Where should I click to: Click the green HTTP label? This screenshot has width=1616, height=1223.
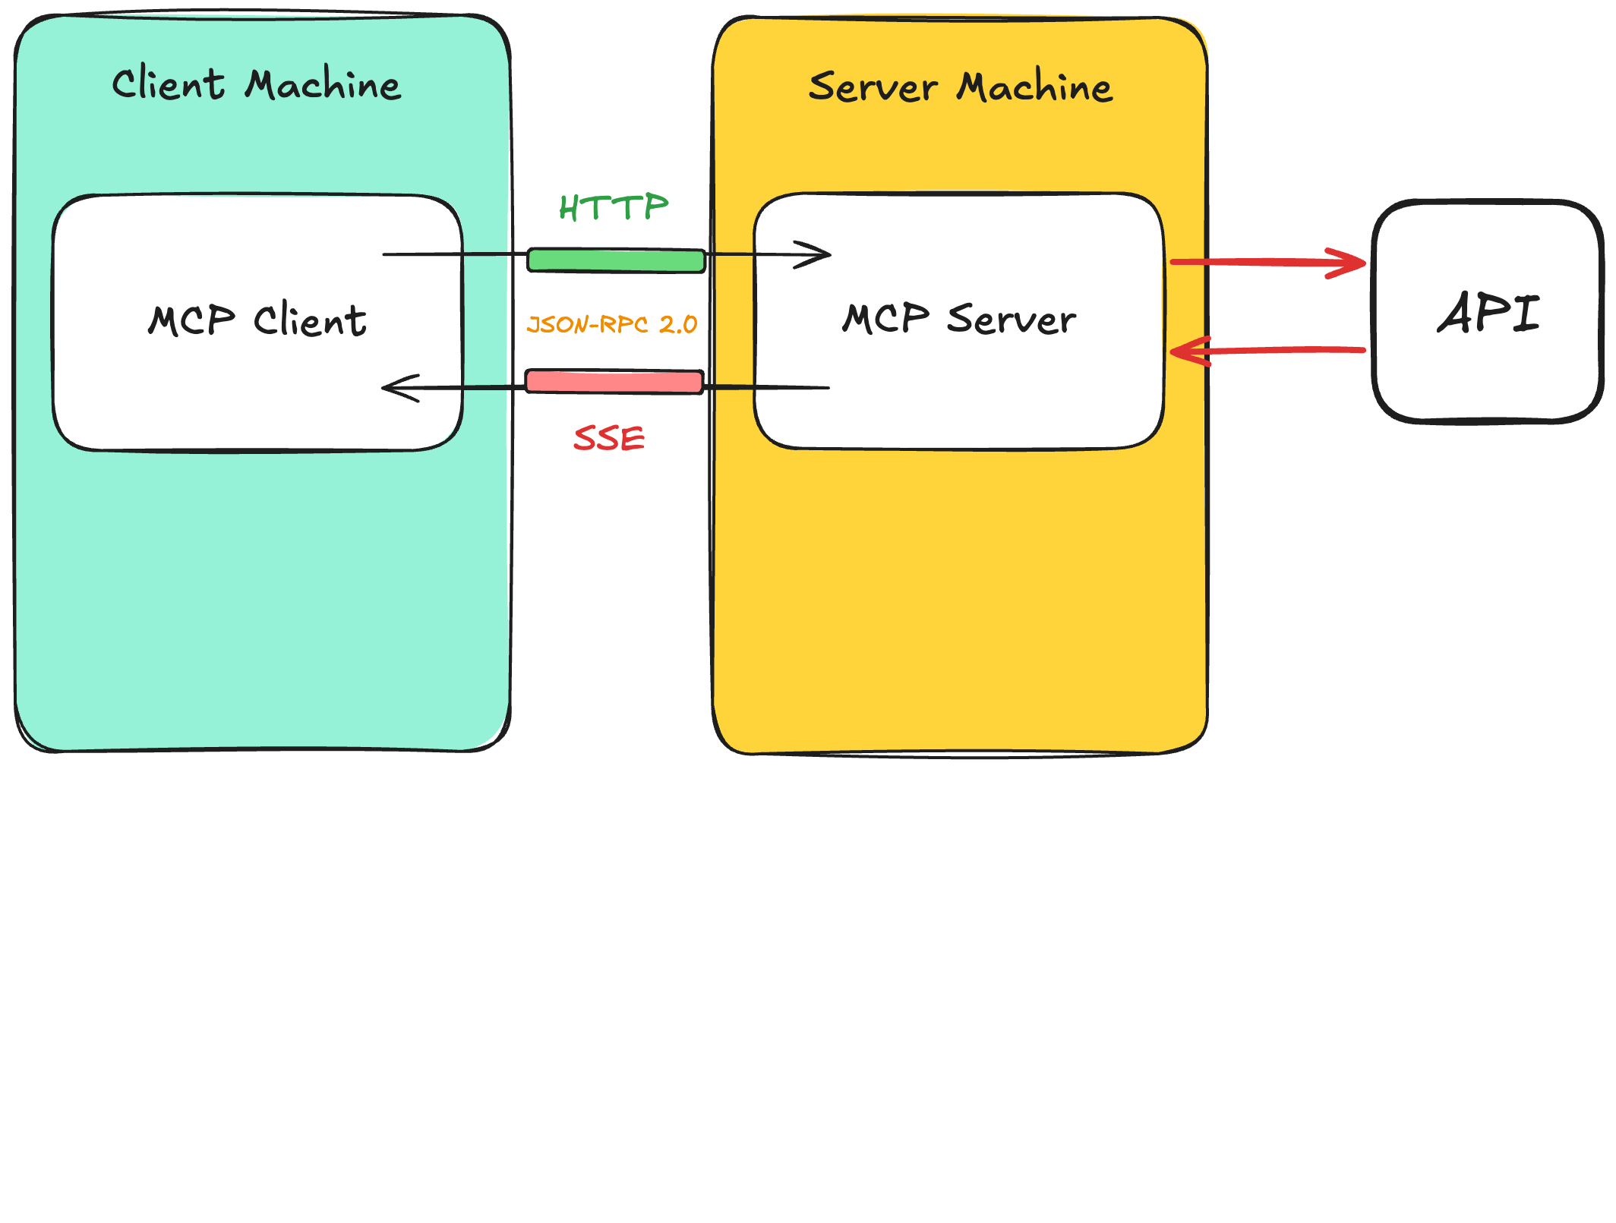614,207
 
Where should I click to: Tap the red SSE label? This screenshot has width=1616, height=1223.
609,439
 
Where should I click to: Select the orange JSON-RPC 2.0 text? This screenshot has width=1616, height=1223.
612,325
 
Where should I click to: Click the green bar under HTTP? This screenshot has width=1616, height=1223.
616,260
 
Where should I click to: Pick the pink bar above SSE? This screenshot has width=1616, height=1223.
614,381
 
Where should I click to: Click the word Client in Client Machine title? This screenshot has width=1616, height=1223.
168,84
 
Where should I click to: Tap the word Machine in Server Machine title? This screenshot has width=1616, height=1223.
1034,87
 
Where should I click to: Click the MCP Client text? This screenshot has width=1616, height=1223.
257,320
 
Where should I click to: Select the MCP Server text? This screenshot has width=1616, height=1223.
959,318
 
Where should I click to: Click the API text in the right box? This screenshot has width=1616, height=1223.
1488,313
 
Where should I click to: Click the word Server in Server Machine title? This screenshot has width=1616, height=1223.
873,87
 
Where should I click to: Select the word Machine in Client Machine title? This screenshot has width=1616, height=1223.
323,84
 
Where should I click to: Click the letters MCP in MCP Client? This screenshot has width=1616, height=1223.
192,320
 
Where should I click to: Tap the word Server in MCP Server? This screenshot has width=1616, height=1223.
1012,318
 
